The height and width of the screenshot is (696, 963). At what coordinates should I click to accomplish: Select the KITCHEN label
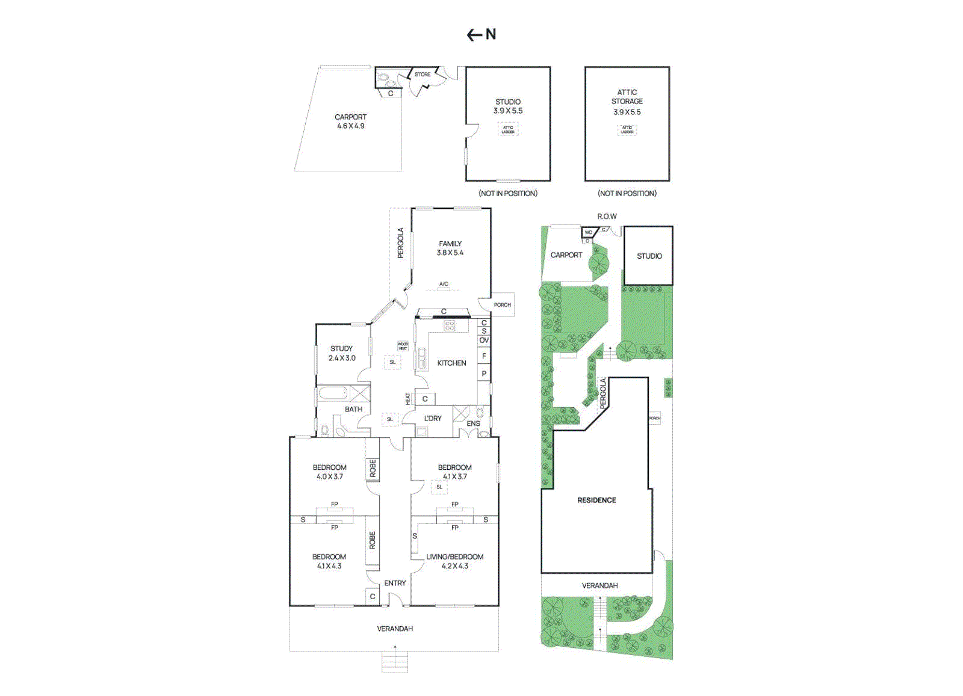(451, 363)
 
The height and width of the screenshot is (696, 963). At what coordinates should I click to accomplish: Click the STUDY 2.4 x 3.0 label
(342, 353)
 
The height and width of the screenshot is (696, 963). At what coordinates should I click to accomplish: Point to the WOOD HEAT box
(403, 346)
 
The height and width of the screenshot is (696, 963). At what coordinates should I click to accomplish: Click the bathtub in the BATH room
(333, 394)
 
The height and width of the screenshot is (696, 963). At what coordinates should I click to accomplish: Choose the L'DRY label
(433, 418)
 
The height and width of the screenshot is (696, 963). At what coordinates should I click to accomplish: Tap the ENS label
(474, 423)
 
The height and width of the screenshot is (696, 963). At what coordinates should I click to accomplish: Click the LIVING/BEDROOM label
(454, 557)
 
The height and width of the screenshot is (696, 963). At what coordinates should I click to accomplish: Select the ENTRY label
(395, 583)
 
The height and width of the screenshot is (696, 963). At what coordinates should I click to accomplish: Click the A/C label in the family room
(444, 284)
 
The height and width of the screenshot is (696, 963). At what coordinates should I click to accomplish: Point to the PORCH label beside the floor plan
(502, 305)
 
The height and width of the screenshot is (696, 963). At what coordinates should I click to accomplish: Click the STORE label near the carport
(423, 75)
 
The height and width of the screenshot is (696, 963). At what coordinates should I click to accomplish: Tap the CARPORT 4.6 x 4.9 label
(350, 122)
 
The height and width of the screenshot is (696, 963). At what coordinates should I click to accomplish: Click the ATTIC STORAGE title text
(627, 97)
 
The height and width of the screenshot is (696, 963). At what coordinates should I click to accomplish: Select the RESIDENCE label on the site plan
(596, 500)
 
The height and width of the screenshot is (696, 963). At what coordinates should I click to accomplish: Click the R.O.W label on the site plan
(607, 216)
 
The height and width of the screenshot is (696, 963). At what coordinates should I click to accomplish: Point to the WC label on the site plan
(589, 232)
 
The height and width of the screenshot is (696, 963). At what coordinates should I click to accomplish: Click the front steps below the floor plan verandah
(395, 662)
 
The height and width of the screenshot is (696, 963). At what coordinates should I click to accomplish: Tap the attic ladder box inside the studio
(508, 129)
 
